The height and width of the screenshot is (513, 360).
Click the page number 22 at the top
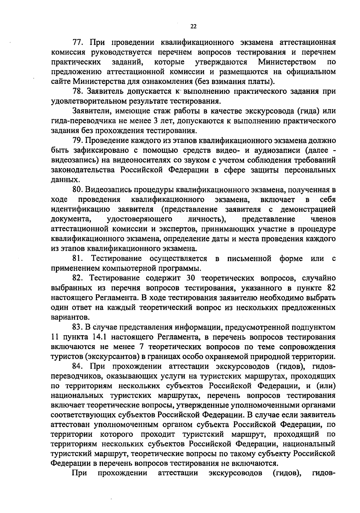(193, 26)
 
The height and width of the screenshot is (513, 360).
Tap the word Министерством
(287, 62)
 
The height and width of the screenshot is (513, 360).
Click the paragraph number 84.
(79, 366)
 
